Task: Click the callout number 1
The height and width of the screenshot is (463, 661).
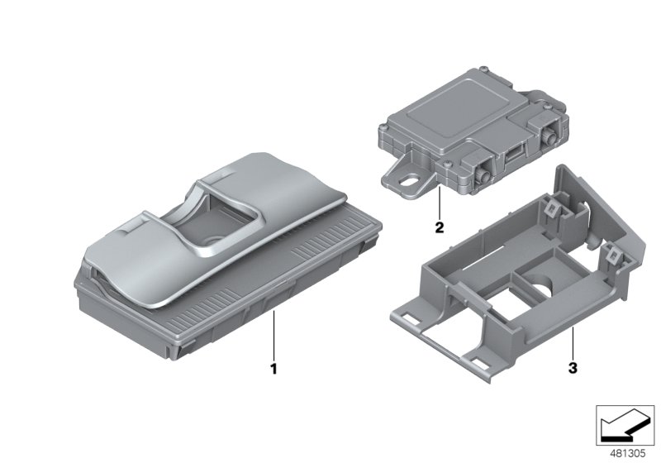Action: (x=273, y=369)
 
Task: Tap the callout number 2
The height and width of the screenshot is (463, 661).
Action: (x=440, y=227)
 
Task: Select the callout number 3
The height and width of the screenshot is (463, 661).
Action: (x=573, y=368)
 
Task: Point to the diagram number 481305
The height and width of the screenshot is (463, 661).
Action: (x=628, y=454)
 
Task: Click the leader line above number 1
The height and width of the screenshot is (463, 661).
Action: (x=273, y=335)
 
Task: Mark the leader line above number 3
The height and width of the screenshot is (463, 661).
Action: (x=573, y=342)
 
